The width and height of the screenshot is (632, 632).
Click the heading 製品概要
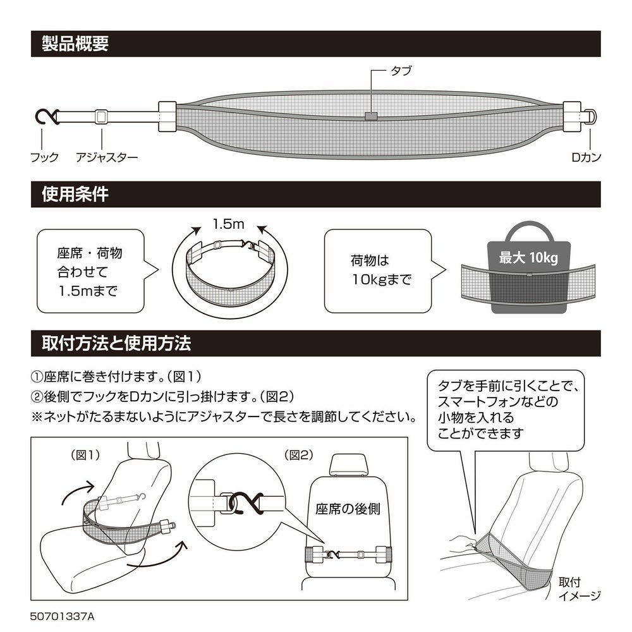click(x=75, y=44)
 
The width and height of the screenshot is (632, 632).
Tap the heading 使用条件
click(x=75, y=194)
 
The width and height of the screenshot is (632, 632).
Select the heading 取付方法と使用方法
click(x=116, y=344)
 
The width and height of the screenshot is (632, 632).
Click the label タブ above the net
click(x=400, y=71)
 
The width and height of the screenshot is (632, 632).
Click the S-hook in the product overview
click(x=46, y=117)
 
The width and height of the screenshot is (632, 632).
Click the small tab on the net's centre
click(x=371, y=116)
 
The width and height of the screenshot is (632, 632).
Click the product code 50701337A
click(x=66, y=614)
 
